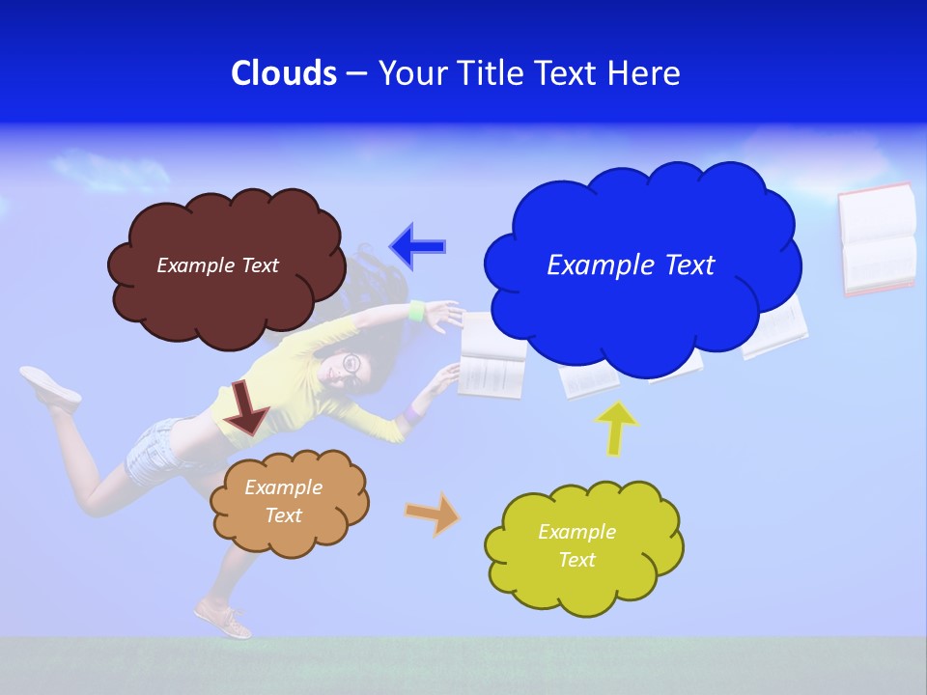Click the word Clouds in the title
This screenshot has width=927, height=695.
(284, 73)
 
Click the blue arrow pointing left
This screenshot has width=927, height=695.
(418, 246)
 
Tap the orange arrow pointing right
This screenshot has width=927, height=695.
(432, 513)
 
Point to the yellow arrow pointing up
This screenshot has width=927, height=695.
(615, 428)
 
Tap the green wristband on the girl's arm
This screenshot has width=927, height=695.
(417, 311)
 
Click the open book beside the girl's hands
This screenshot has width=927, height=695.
(492, 358)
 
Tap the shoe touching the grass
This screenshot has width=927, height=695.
(224, 619)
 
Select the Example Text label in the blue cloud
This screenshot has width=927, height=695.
(631, 265)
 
